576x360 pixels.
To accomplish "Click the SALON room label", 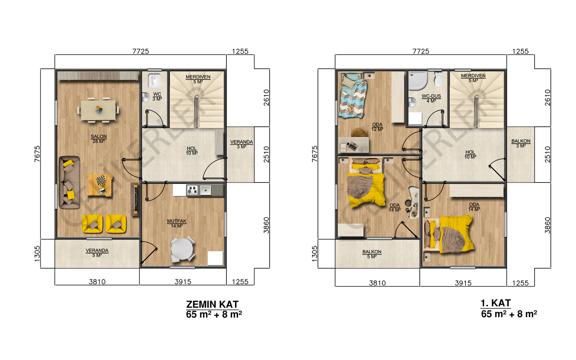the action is click(99, 136).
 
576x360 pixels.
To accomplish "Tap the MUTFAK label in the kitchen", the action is click(177, 221).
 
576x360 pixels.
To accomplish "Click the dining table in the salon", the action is click(98, 110).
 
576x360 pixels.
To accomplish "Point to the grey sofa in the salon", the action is click(69, 182).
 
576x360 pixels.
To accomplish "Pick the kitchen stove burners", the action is click(192, 190).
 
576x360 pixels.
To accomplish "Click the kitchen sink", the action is click(206, 190).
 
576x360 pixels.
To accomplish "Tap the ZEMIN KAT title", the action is click(212, 305).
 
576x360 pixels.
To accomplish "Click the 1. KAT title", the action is click(495, 303).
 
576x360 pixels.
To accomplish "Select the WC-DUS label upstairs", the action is click(431, 96).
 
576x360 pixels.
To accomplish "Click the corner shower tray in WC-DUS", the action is click(418, 81).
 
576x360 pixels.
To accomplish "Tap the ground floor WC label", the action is click(157, 94).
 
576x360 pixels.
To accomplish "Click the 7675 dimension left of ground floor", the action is click(37, 154).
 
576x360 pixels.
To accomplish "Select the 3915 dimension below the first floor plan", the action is click(463, 283).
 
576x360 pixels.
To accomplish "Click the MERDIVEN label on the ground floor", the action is click(198, 77).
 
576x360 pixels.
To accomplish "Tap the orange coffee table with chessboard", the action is click(100, 185).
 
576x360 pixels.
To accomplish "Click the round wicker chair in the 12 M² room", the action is click(359, 132).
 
